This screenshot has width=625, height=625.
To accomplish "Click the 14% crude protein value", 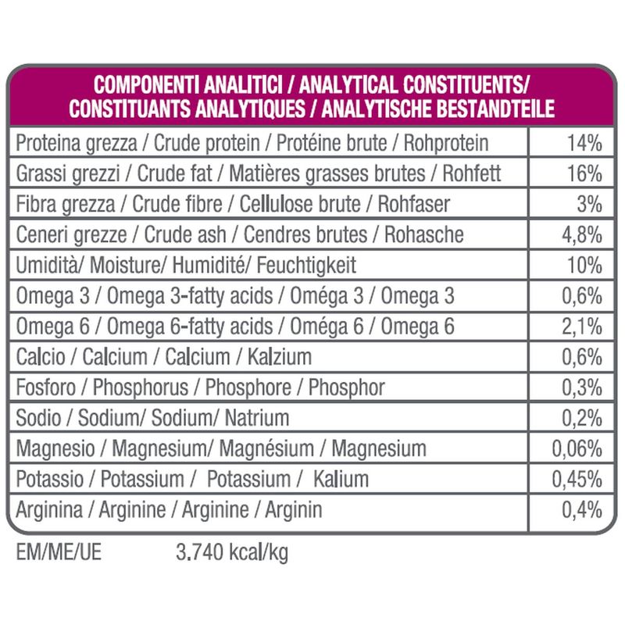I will [584, 144].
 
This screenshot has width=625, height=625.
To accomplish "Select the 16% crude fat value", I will [584, 174].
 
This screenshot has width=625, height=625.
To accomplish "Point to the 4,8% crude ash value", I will [580, 235].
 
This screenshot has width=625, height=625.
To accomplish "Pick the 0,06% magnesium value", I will [577, 449].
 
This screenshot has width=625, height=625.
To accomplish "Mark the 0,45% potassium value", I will [577, 480].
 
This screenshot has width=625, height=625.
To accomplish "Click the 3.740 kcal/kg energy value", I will [229, 554].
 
